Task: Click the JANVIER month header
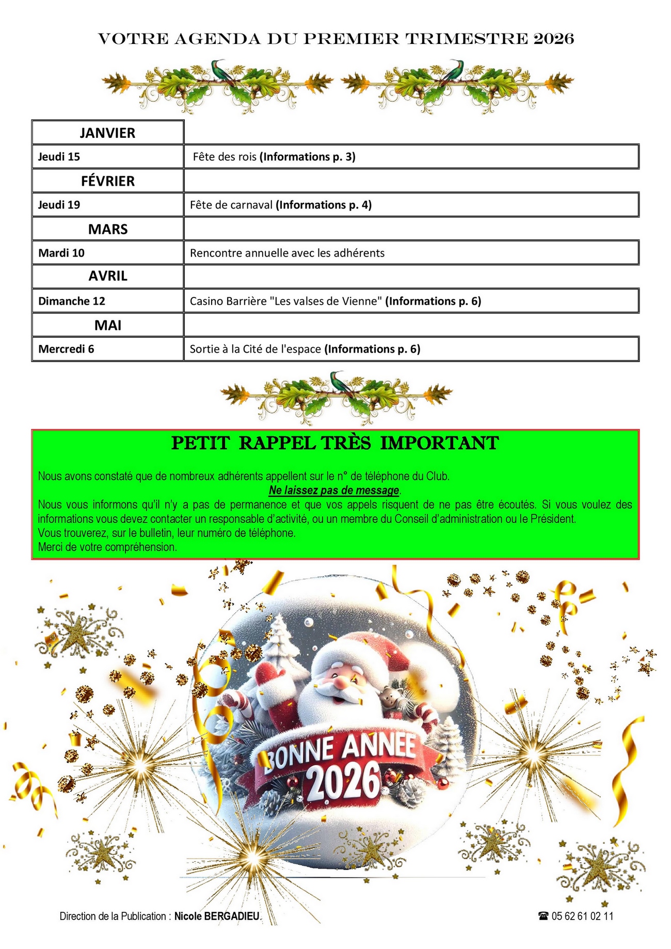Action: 107,133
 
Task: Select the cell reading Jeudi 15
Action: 59,156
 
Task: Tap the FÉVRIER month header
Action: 107,181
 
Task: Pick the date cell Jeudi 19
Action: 59,204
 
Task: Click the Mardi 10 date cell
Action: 61,253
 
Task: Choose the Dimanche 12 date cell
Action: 71,301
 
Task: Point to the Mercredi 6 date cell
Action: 66,349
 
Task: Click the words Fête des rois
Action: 225,156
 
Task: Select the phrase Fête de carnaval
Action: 231,205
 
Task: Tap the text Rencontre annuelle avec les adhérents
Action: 287,253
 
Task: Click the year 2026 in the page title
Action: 553,39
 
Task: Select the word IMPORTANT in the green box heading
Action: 439,443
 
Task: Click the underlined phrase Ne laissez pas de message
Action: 334,490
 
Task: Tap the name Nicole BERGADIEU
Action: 217,916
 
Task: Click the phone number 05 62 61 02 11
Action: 582,916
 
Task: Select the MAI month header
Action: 107,325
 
